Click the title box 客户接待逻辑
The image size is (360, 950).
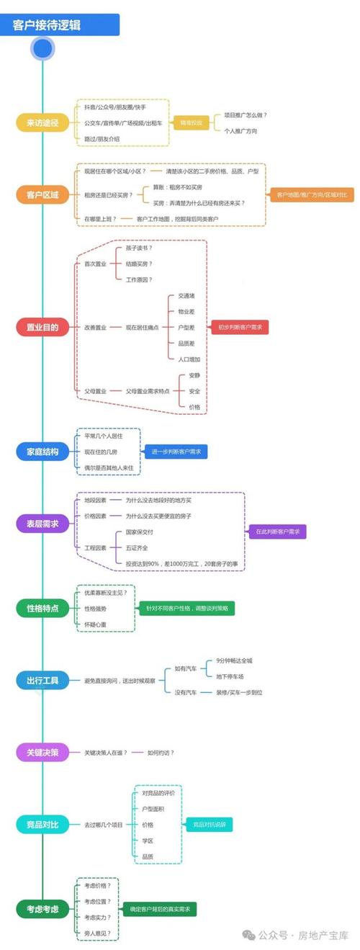(60, 26)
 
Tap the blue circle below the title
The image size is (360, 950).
(43, 48)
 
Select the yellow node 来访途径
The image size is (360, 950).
(42, 123)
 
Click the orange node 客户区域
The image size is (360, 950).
(42, 195)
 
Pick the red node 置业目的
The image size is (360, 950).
(42, 327)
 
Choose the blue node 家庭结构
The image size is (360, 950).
(42, 452)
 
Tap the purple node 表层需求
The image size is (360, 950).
(42, 524)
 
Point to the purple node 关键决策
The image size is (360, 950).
(42, 753)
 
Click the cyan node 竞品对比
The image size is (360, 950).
(42, 824)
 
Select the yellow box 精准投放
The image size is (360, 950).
(191, 123)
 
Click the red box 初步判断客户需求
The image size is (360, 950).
(240, 327)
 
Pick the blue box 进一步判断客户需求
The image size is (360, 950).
(176, 452)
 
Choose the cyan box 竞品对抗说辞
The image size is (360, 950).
(209, 824)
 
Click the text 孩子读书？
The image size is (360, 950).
(139, 248)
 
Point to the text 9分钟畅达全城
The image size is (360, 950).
(235, 660)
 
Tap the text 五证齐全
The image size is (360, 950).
(140, 547)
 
